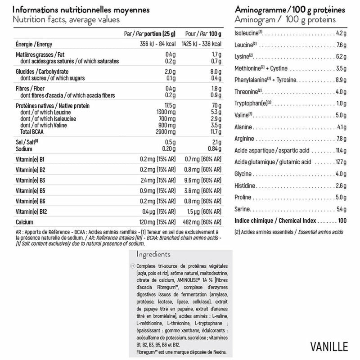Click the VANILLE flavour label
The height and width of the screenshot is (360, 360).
click(329, 346)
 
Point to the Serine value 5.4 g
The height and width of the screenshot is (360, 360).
click(340, 209)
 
